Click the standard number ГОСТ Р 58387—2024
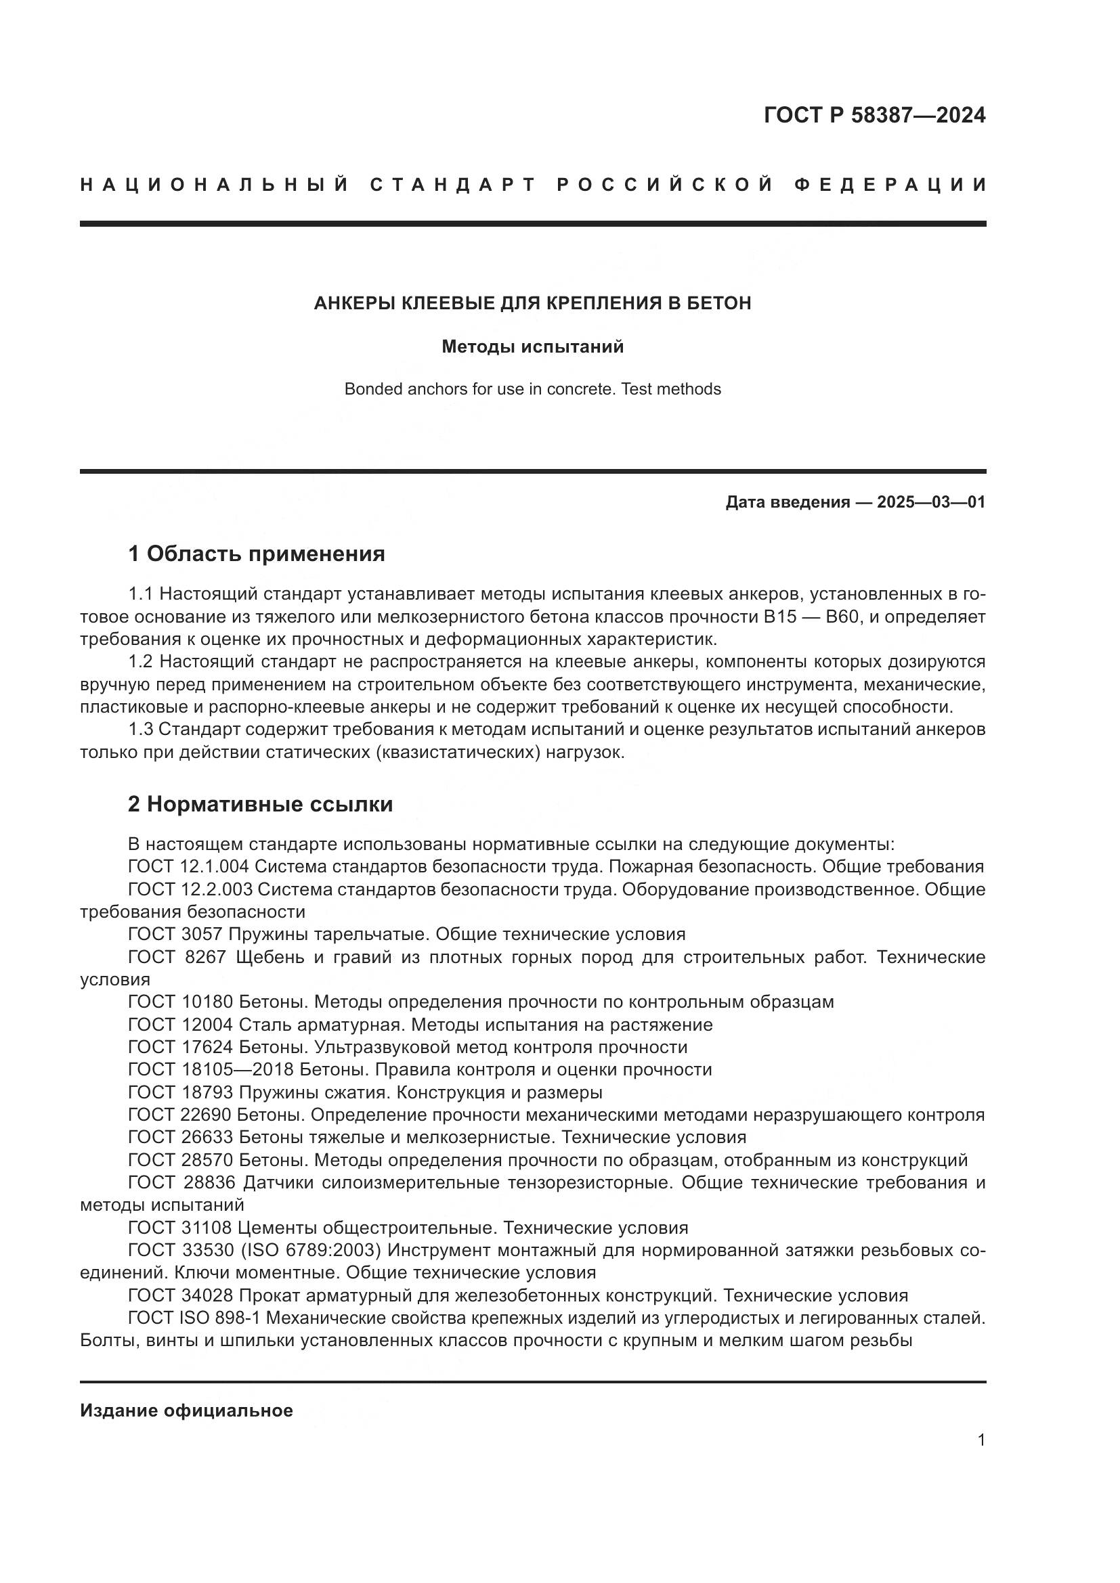[x=874, y=115]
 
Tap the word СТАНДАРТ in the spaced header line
[x=452, y=185]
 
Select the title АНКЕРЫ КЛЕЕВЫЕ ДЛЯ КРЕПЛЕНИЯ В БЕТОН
[x=532, y=303]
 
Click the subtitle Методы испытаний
[x=532, y=347]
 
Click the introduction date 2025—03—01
[x=931, y=502]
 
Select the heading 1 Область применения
[x=257, y=554]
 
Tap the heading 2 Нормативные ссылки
[x=261, y=804]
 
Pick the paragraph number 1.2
[x=142, y=662]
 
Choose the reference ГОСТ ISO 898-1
[x=193, y=1318]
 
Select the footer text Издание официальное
[x=186, y=1410]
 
